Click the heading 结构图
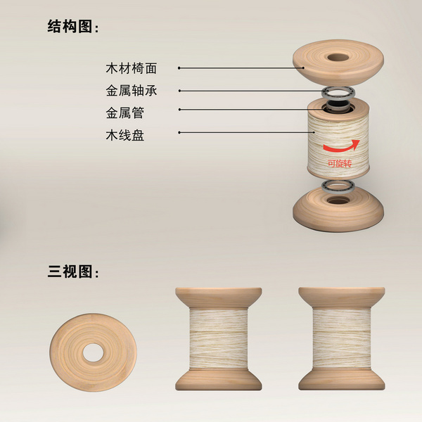(70, 27)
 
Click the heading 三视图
(70, 271)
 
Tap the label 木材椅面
(132, 68)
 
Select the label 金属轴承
(132, 91)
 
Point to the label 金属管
(125, 113)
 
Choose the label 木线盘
(125, 135)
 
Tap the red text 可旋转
(340, 163)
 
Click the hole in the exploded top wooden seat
(338, 57)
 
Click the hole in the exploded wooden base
(338, 200)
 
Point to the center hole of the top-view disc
(93, 352)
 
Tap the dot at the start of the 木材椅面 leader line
(179, 68)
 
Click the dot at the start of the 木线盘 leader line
(179, 132)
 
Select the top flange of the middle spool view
(218, 298)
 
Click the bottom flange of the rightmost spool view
(342, 380)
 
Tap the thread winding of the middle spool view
(218, 339)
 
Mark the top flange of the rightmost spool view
(342, 298)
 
